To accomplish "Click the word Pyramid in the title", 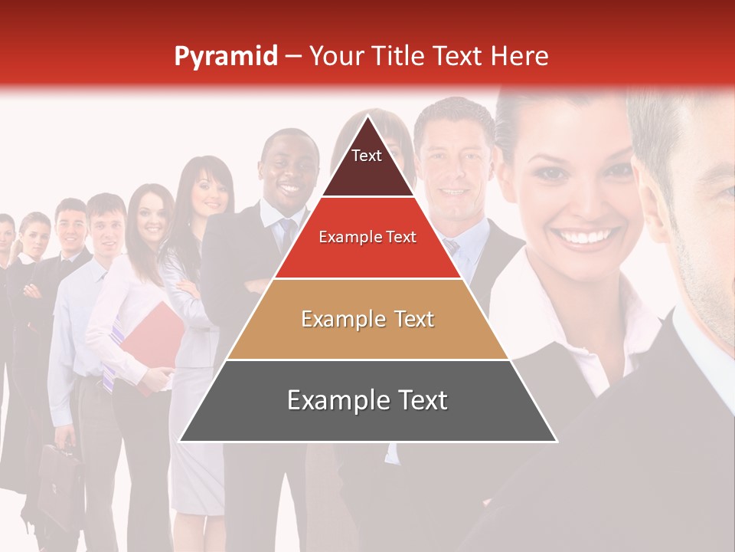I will [225, 57].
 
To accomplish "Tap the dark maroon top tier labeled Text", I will [367, 165].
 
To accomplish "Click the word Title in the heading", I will [400, 56].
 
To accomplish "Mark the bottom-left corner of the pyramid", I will [180, 441].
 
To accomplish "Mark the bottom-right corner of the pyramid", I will [556, 441].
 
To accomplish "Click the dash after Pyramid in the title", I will [293, 57].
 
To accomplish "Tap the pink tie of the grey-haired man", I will [452, 246].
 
